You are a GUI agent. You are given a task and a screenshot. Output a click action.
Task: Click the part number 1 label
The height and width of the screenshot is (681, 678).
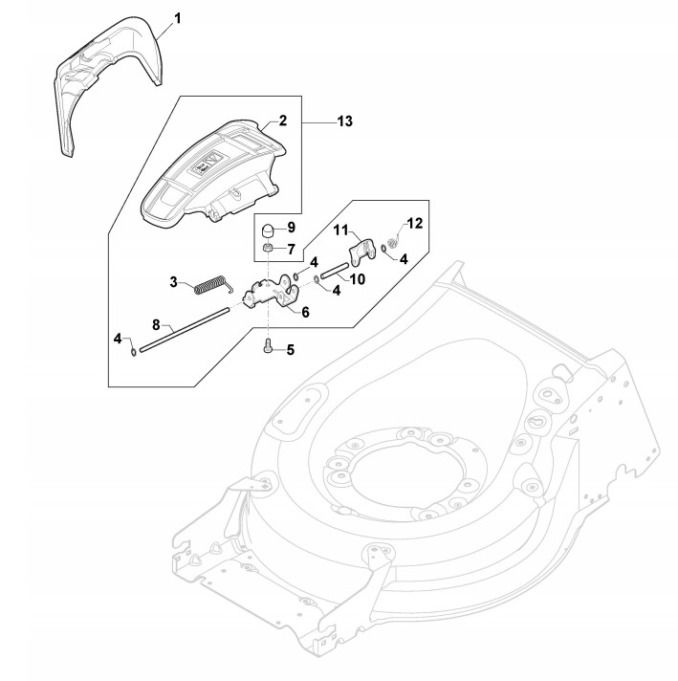[x=175, y=18]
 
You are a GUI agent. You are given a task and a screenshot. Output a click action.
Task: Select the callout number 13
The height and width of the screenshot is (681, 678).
[x=344, y=121]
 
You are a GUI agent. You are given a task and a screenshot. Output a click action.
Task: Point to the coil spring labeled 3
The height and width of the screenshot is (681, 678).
[x=211, y=284]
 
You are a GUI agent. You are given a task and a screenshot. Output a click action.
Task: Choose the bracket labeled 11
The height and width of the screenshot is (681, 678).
[x=361, y=253]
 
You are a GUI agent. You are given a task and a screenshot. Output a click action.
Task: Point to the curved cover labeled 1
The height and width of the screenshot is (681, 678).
[x=105, y=77]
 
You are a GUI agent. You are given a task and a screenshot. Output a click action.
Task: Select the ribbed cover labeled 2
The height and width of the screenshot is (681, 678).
[x=215, y=172]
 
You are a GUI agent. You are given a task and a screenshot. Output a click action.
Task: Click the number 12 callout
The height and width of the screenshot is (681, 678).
[x=413, y=223]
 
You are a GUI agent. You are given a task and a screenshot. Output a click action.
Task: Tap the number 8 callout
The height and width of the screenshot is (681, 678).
[x=156, y=324]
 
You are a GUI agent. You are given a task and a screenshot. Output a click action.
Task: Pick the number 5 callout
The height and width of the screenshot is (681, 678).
[x=290, y=349]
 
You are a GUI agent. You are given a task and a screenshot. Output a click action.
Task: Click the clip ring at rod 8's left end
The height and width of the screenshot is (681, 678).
[x=131, y=349]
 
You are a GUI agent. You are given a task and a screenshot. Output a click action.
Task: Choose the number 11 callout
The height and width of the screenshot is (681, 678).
[x=340, y=230]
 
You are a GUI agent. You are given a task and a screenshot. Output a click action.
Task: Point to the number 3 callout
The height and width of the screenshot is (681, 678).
[x=174, y=281]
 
